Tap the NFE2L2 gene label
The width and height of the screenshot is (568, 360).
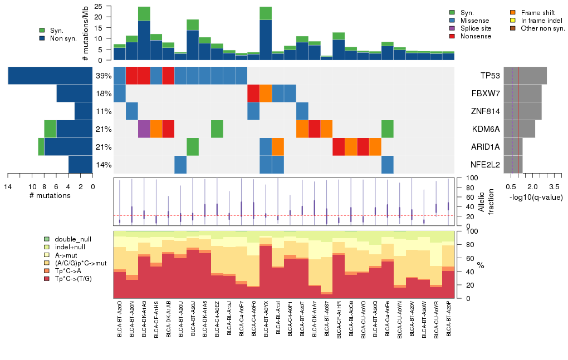486,165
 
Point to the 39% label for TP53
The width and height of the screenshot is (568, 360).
104,76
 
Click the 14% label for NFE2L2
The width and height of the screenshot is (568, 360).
104,165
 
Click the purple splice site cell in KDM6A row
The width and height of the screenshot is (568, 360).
144,129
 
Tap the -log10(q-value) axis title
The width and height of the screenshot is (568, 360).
536,198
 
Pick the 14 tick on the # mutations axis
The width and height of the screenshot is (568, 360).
8,187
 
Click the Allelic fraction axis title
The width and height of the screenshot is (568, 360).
482,201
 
